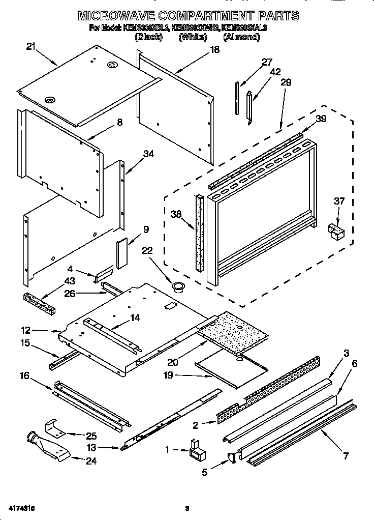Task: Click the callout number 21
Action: (x=31, y=47)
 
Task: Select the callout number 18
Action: (x=214, y=49)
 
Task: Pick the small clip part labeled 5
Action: (x=231, y=458)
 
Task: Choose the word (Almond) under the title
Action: (x=241, y=37)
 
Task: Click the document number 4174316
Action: (x=21, y=508)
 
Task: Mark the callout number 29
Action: (x=286, y=82)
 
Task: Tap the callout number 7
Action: (x=345, y=455)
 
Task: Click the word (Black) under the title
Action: (x=148, y=37)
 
